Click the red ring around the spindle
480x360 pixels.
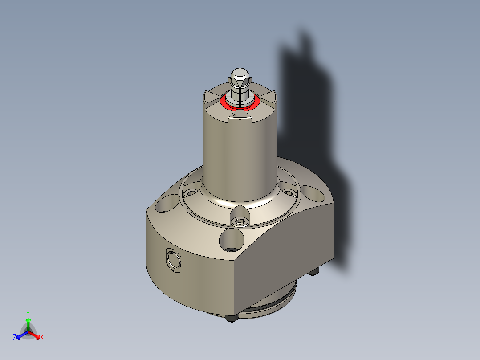(x=225, y=103)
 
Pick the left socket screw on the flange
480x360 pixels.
(x=191, y=194)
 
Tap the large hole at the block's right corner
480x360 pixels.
(x=314, y=193)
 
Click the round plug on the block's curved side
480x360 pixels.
(x=173, y=260)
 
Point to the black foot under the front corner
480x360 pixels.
(x=231, y=319)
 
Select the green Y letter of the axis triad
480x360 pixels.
(x=28, y=313)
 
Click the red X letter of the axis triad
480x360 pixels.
(x=42, y=338)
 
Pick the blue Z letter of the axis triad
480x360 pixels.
(x=15, y=338)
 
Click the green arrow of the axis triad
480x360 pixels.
(x=28, y=323)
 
